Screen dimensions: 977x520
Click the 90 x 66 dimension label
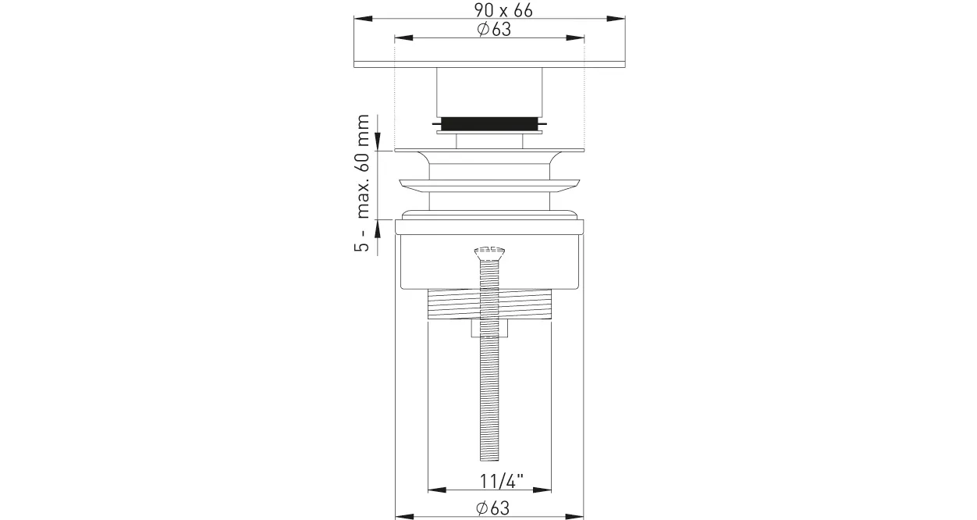click(503, 10)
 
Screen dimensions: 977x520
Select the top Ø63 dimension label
click(494, 30)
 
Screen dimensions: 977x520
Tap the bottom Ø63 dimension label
click(493, 508)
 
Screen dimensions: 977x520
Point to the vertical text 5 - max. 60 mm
click(362, 183)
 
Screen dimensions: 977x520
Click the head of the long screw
click(489, 253)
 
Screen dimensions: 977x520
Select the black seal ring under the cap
click(489, 124)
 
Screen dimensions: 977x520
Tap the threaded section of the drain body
click(489, 304)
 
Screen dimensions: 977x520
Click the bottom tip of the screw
click(489, 460)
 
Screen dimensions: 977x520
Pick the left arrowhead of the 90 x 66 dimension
click(363, 19)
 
